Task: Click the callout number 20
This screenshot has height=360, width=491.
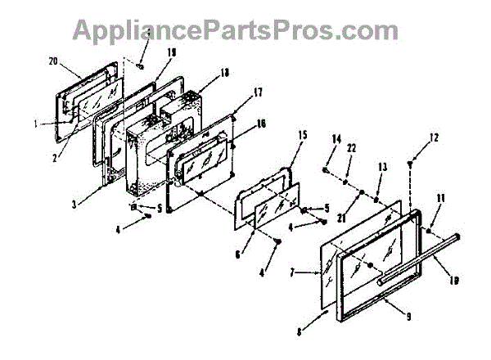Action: click(x=53, y=61)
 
